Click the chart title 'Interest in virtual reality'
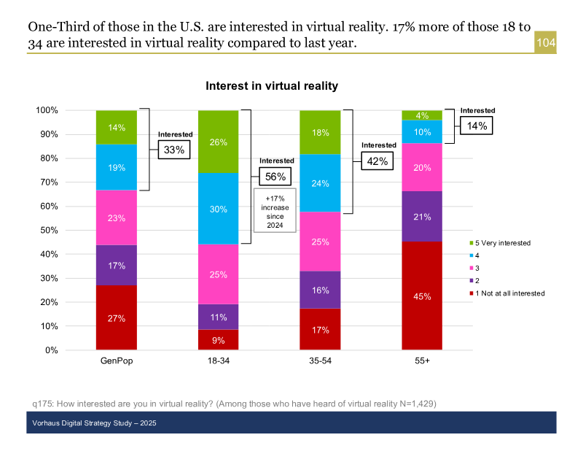click(272, 86)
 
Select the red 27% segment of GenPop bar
click(117, 317)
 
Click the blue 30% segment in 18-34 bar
click(218, 209)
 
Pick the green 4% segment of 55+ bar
click(422, 115)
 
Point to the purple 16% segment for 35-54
click(320, 290)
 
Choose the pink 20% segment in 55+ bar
click(422, 167)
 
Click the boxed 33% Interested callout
click(173, 150)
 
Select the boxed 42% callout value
click(377, 161)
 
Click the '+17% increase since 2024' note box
click(275, 210)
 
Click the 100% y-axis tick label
click(46, 110)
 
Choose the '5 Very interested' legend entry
click(503, 242)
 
